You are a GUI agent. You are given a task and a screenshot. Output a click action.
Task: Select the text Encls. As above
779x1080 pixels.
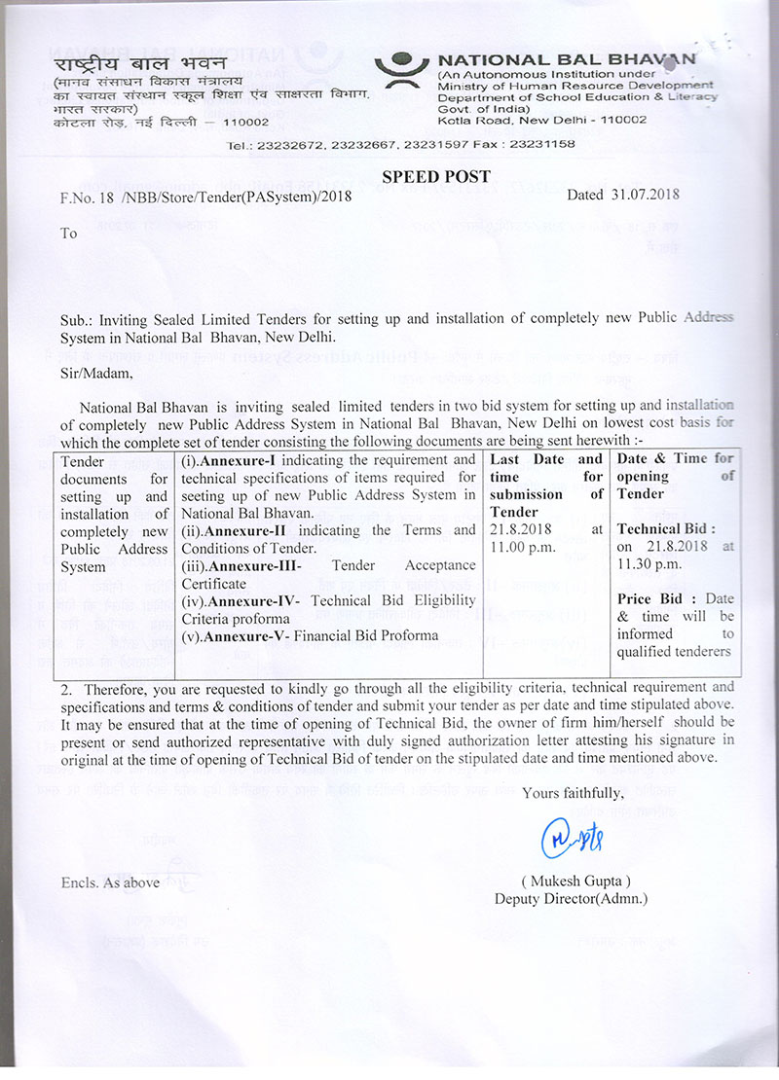109,882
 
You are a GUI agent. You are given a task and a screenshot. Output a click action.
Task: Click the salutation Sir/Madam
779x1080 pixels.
94,371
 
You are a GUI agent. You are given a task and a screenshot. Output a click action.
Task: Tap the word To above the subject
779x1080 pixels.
68,234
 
